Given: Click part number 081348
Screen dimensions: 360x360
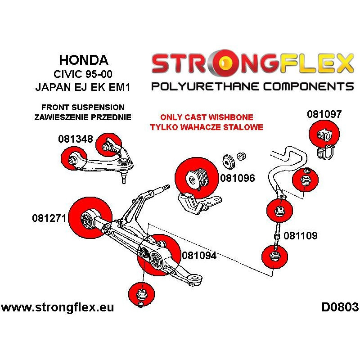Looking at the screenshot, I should point(75,139).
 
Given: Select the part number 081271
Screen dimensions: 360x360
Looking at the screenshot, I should point(49,219).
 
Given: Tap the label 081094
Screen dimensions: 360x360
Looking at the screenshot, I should point(199,256).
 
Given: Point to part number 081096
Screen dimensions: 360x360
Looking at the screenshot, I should point(238,178).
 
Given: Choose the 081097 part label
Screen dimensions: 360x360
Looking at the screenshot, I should point(324,114).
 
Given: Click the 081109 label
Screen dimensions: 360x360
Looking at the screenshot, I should point(301,235).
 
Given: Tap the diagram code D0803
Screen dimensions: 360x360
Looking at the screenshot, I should point(340,307).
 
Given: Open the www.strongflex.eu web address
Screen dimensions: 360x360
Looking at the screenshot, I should point(58,308).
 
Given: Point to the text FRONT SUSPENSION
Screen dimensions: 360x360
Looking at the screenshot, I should point(83,108).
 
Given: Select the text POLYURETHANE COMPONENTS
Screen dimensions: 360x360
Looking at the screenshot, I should point(252,86).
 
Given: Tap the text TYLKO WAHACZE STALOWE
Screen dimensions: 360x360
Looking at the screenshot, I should point(207,127).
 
